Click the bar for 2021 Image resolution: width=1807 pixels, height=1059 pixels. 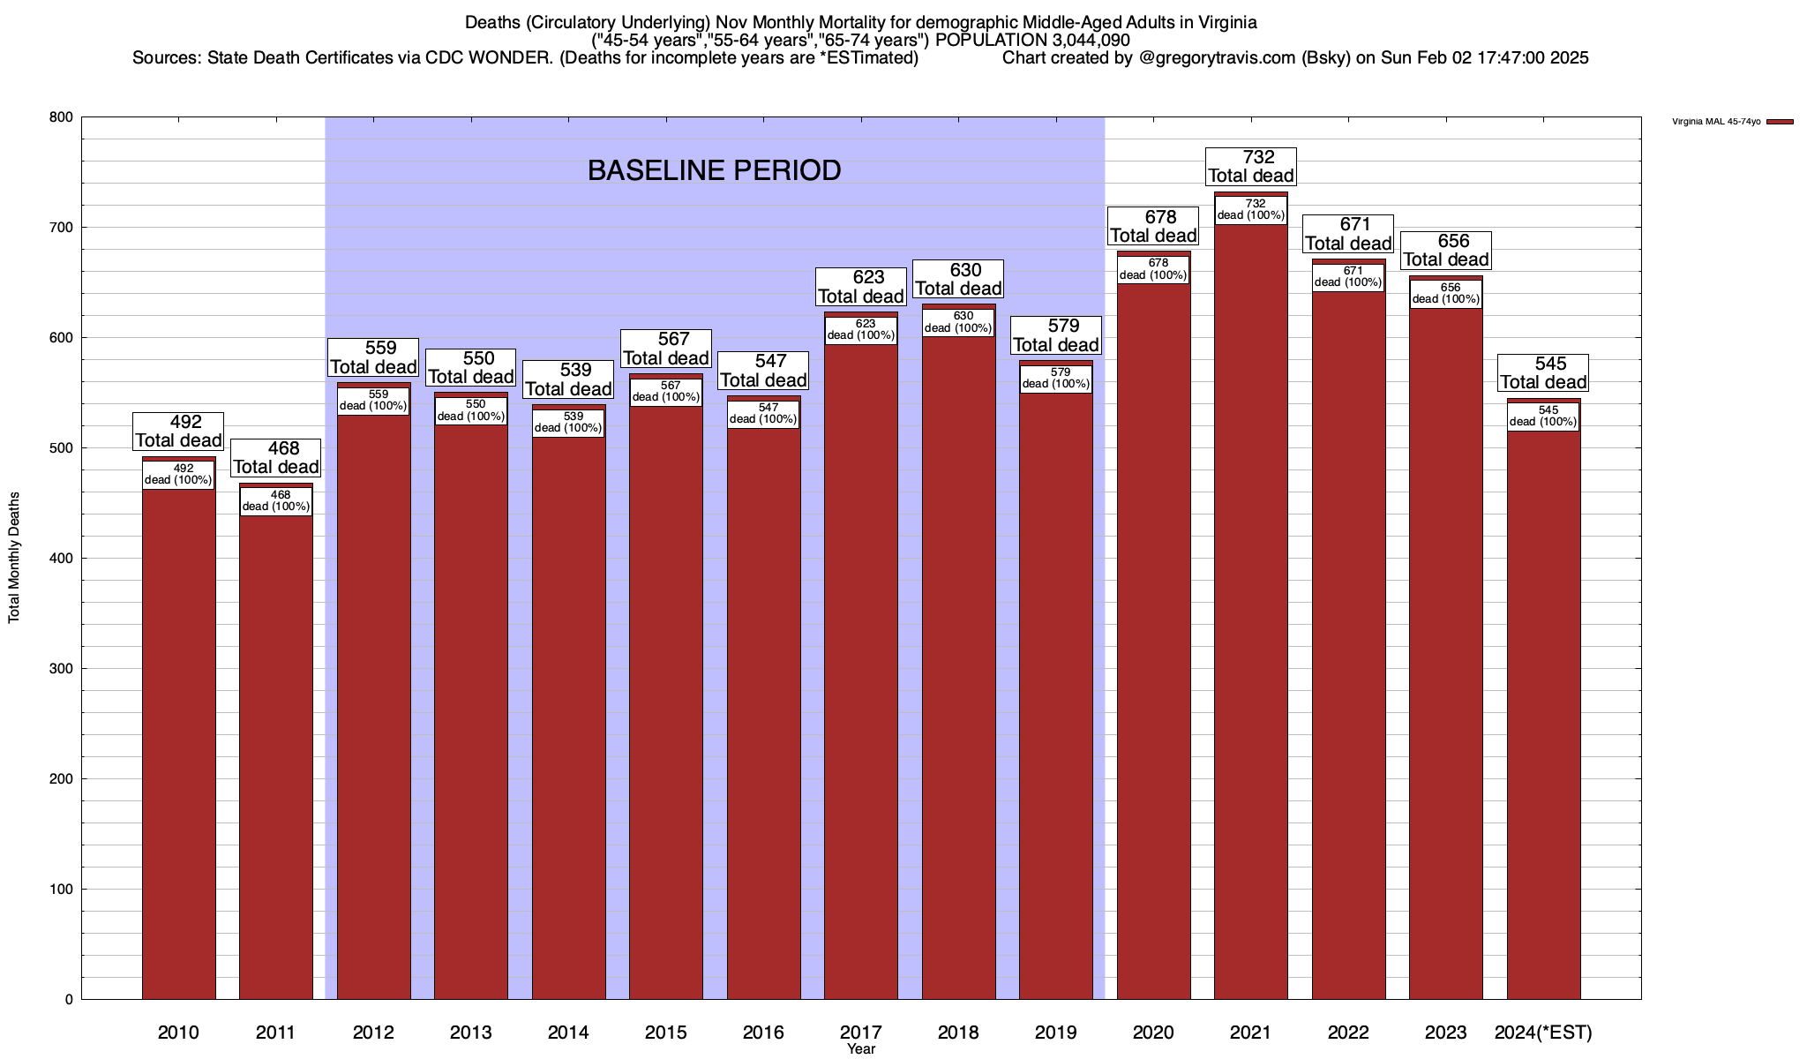1250,618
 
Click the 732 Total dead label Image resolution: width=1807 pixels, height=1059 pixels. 1251,166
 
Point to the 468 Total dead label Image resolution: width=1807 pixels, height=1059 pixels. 276,458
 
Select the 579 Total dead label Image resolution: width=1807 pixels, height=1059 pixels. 1056,335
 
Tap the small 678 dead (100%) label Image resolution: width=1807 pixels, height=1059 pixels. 1153,269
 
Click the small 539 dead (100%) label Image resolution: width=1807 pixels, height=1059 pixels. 568,423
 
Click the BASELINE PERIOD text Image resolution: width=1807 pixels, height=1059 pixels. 714,170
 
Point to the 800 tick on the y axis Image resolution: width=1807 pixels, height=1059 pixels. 61,117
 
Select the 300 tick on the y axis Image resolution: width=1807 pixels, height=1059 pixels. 61,669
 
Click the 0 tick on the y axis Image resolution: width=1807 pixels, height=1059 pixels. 68,1000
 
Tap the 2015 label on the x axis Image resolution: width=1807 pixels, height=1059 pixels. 666,1032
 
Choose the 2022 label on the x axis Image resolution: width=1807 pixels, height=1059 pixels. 1348,1032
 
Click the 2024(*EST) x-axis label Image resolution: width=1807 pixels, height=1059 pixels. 1543,1032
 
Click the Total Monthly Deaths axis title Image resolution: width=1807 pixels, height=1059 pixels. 14,558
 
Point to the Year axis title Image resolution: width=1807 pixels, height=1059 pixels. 860,1049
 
